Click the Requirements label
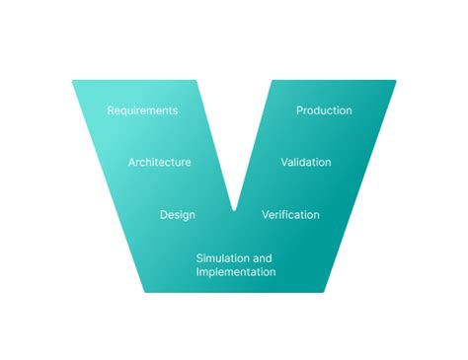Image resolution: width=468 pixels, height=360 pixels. pyautogui.click(x=142, y=110)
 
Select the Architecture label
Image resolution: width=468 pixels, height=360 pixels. pyautogui.click(x=160, y=162)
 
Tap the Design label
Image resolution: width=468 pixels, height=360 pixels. pyautogui.click(x=178, y=215)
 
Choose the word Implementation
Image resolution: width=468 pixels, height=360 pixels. pyautogui.click(x=236, y=272)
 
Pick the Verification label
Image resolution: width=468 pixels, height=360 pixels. pyautogui.click(x=290, y=215)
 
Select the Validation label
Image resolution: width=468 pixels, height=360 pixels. pyautogui.click(x=306, y=162)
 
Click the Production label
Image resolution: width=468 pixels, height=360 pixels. pyautogui.click(x=324, y=110)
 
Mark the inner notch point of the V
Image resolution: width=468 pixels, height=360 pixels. pyautogui.click(x=234, y=209)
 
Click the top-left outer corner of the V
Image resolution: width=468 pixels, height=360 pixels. pyautogui.click(x=72, y=81)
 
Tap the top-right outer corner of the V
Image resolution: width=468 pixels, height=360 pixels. pyautogui.click(x=396, y=81)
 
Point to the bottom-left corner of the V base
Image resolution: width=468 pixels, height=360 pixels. pyautogui.click(x=146, y=292)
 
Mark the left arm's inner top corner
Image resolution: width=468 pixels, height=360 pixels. pyautogui.click(x=195, y=81)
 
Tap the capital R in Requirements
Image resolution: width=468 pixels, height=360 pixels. pyautogui.click(x=111, y=110)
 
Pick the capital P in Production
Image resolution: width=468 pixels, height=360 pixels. pyautogui.click(x=300, y=110)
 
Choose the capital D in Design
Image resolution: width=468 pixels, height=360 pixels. pyautogui.click(x=164, y=215)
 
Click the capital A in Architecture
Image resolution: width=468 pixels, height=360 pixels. pyautogui.click(x=132, y=162)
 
